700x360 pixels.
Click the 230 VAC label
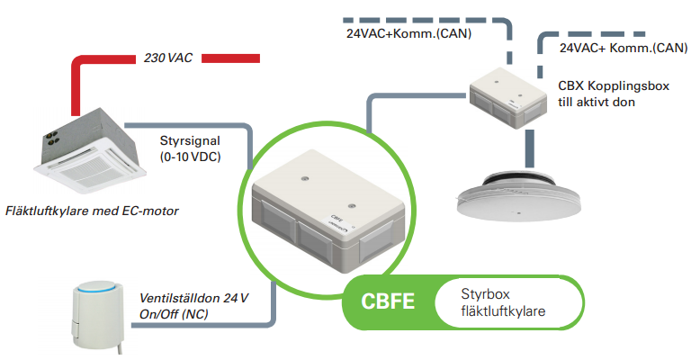point(168,58)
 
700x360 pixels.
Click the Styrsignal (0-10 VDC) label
point(189,149)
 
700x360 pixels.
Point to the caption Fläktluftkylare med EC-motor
point(93,211)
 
